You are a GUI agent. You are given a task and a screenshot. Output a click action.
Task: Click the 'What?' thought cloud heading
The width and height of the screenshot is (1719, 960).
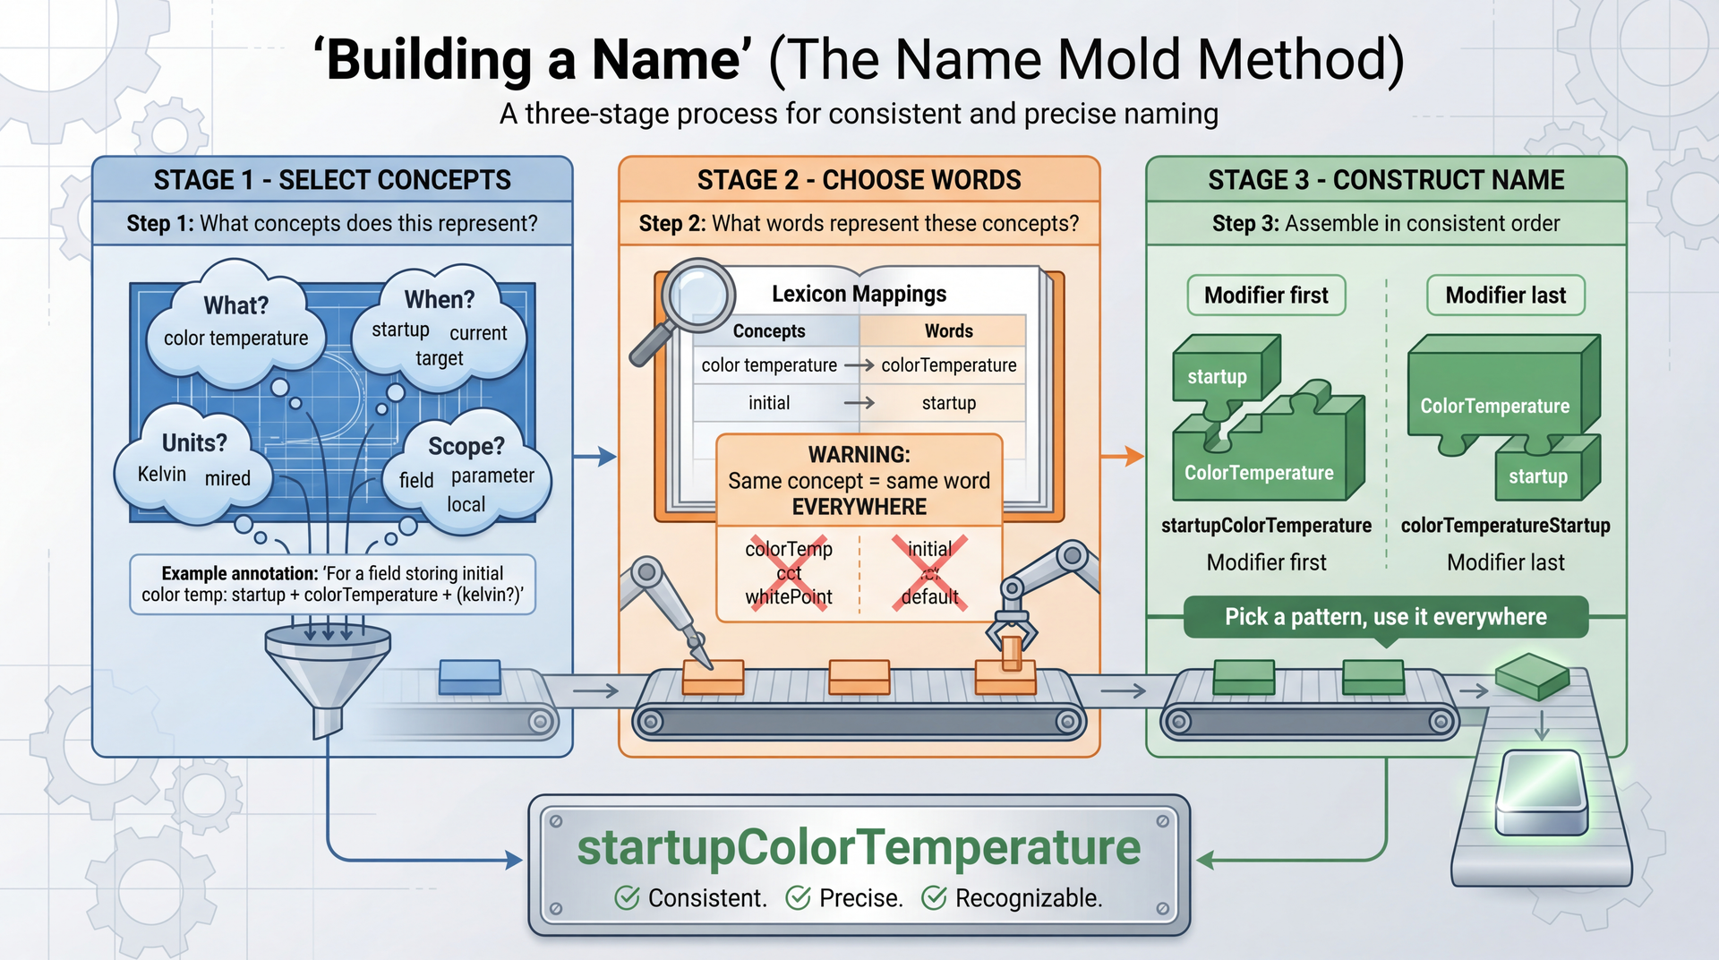point(235,305)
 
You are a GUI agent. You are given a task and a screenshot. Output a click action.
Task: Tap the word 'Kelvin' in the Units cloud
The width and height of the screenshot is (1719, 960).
point(162,474)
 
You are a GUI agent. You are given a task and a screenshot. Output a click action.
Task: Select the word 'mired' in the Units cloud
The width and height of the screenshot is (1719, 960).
point(227,478)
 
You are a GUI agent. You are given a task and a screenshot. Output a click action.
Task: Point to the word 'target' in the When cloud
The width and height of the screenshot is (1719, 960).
point(439,358)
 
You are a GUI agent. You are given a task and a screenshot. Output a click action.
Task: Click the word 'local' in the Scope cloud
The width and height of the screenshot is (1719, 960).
point(466,504)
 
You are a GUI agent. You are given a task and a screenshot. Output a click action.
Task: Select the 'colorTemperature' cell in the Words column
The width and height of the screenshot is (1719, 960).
point(948,365)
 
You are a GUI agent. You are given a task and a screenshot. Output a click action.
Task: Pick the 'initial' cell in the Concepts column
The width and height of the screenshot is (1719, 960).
point(769,403)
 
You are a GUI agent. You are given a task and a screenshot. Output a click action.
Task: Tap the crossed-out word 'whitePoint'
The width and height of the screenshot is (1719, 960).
point(789,596)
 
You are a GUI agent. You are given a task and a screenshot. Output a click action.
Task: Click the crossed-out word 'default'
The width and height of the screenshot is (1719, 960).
point(929,596)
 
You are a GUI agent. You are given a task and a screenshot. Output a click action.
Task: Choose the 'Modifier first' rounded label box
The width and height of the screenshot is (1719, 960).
point(1266,296)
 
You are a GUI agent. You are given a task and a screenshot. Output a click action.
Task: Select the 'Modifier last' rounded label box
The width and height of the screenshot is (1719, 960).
point(1505,296)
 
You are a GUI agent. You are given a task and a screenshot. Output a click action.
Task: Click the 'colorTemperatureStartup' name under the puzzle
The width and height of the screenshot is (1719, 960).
point(1505,526)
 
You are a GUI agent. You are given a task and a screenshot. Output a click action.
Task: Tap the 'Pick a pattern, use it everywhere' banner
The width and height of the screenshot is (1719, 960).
point(1385,617)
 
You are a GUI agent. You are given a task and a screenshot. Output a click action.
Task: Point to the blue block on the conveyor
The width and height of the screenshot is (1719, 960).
point(470,677)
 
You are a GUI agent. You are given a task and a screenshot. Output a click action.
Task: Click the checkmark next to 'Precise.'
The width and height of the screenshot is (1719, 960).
point(798,897)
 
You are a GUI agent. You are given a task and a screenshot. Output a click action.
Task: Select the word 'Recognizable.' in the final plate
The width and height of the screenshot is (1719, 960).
point(1028,897)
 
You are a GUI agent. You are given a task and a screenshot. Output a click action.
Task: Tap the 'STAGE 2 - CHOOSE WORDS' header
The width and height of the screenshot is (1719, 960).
point(859,180)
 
